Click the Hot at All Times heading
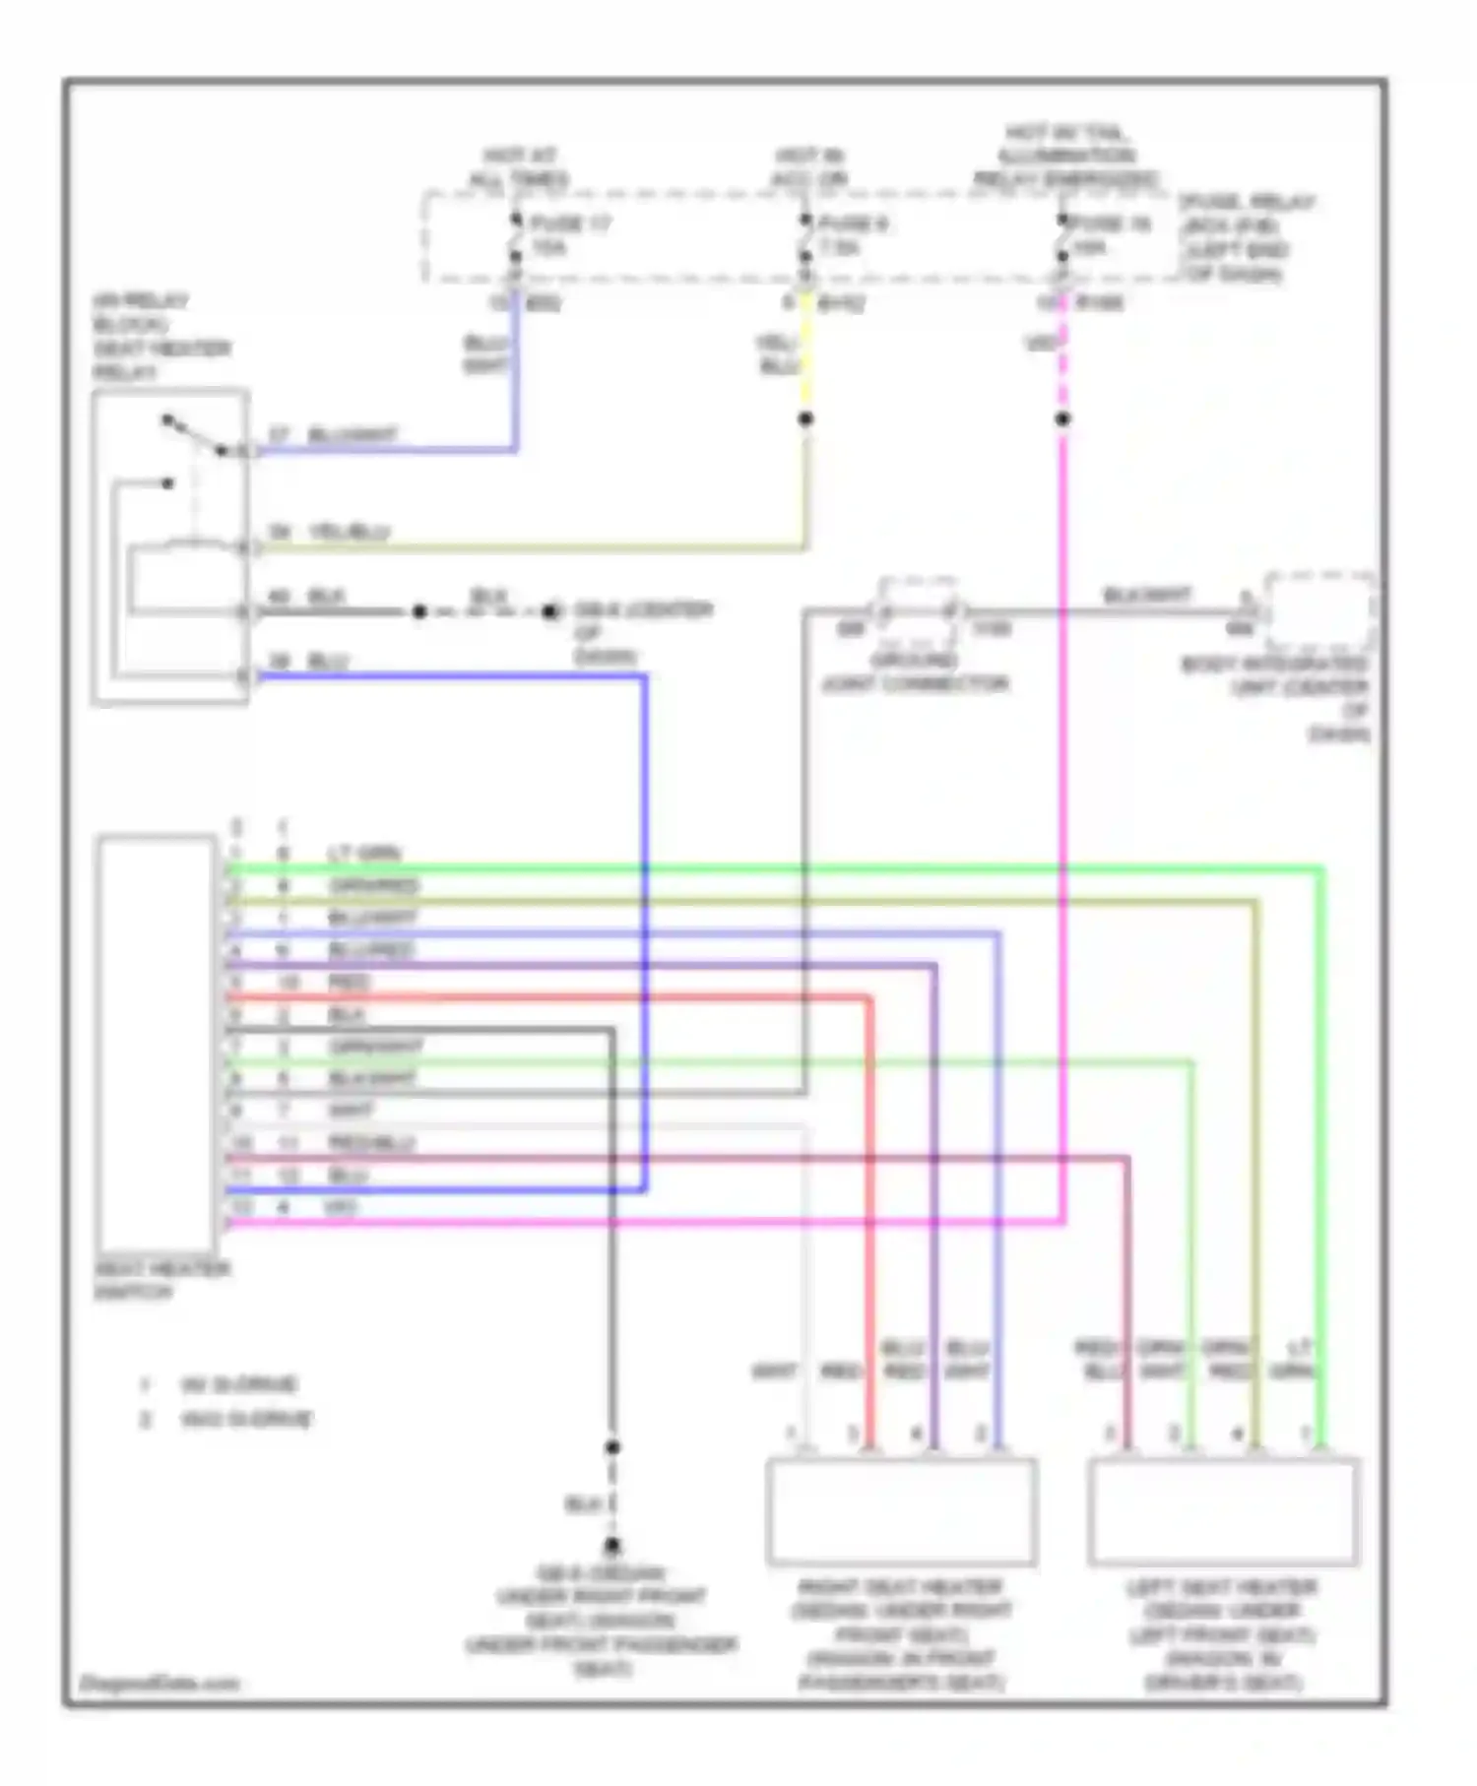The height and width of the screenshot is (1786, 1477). pos(519,168)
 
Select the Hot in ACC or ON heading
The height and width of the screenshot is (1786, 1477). pos(810,168)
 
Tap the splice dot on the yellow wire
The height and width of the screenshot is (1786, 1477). pos(805,419)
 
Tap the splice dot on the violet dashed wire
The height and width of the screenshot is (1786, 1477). pos(1062,419)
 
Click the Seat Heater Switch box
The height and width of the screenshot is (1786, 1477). pos(156,1043)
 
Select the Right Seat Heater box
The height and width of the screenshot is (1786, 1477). pos(901,1511)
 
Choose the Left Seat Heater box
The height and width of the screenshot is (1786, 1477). pos(1223,1511)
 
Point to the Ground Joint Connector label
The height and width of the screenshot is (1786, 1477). pos(915,671)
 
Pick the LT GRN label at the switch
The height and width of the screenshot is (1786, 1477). pos(365,853)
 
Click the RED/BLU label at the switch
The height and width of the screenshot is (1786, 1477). pos(371,1143)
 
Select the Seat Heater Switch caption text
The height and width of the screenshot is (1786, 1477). pos(161,1280)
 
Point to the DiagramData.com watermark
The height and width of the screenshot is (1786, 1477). pos(160,1683)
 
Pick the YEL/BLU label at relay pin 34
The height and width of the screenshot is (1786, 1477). pos(350,532)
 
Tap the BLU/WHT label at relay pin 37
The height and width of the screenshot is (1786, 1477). pos(353,435)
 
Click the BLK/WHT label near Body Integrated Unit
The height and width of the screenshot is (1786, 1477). pos(1147,596)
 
